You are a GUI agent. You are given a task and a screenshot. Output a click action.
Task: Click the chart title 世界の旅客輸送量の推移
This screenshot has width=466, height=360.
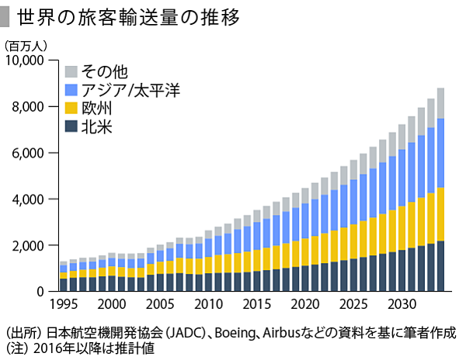pos(129,16)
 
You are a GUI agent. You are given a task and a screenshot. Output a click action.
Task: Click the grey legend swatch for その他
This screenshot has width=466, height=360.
pos(71,72)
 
